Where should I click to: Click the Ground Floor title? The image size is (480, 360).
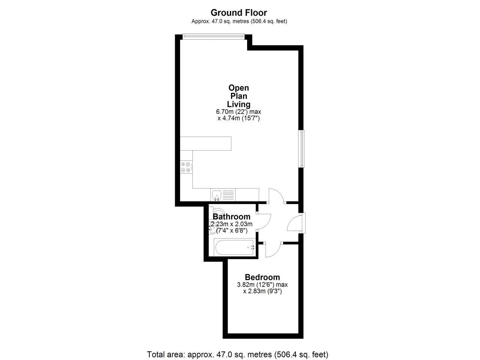(x=238, y=13)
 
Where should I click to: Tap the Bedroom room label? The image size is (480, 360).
(x=262, y=277)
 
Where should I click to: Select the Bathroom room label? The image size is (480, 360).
(x=231, y=217)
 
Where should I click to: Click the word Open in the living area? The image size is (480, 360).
(x=238, y=88)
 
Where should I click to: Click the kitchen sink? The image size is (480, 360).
(x=217, y=195)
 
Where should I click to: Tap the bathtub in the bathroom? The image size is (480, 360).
(x=234, y=247)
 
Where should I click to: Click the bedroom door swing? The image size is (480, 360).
(x=273, y=250)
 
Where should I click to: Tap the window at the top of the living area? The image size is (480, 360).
(x=213, y=36)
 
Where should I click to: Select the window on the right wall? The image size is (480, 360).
(x=301, y=148)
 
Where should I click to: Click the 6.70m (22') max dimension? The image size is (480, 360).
(x=238, y=112)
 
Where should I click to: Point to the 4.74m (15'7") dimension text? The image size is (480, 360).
(x=239, y=118)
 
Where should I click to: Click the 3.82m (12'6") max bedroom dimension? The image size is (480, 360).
(x=262, y=285)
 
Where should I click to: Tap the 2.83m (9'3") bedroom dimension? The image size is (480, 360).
(x=262, y=291)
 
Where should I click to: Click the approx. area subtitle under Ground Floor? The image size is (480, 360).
(x=239, y=21)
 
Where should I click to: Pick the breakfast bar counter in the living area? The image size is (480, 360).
(x=205, y=144)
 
